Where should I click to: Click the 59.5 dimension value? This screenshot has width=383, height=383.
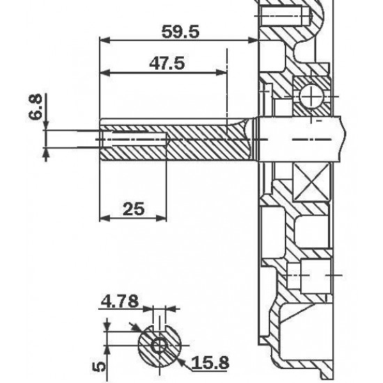180,32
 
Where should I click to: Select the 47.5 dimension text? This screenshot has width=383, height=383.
167,63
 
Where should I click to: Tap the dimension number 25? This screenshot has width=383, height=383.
134,209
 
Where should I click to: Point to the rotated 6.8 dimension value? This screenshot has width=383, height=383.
36,107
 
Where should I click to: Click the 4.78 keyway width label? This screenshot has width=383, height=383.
120,301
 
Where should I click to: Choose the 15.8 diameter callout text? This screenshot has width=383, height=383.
210,363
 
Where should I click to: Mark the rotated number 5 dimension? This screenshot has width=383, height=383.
99,366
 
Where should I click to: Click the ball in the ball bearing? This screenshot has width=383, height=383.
312,97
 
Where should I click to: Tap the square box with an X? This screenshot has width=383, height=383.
311,182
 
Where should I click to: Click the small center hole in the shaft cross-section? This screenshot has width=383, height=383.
159,345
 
